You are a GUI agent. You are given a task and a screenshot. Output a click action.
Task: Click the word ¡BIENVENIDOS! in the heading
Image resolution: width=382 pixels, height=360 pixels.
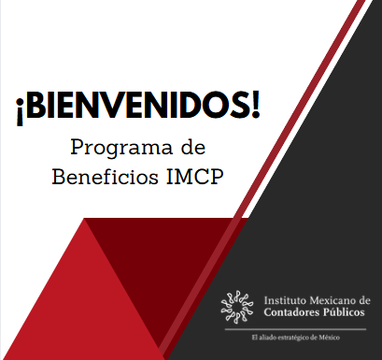pyautogui.click(x=137, y=107)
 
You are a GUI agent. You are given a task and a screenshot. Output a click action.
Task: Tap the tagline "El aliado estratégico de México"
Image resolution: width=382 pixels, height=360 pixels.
pyautogui.click(x=294, y=336)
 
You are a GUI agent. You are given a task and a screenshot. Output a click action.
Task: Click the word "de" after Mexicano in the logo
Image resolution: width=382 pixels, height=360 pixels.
pyautogui.click(x=364, y=299)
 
